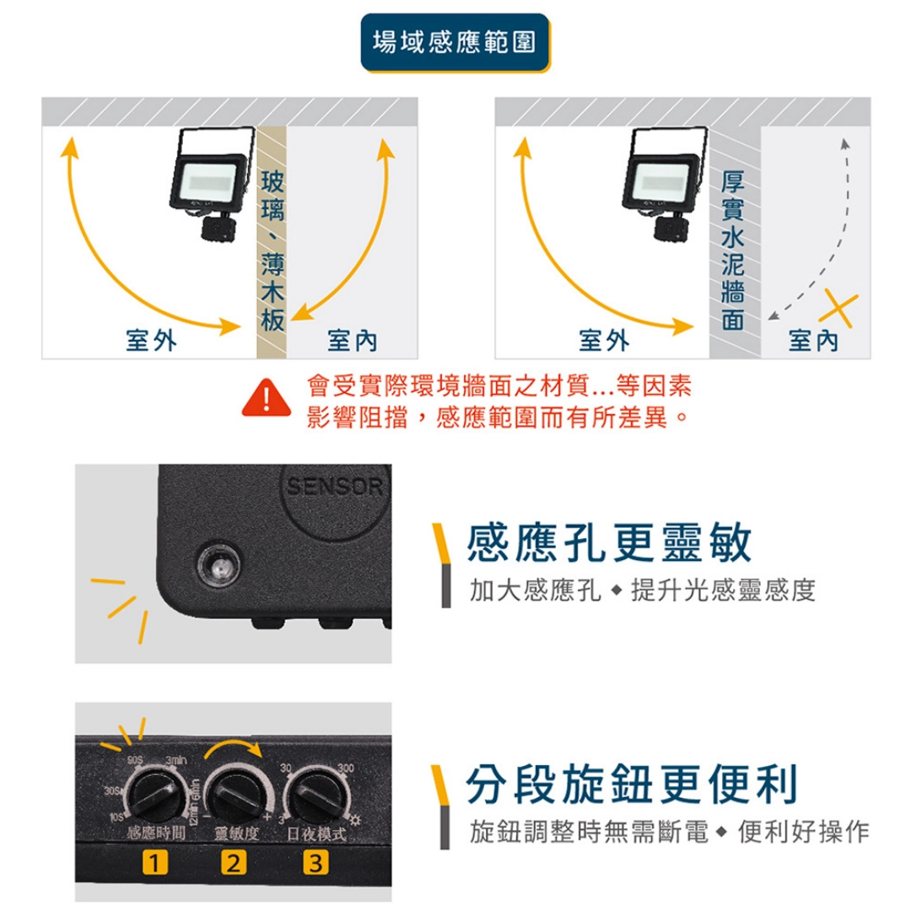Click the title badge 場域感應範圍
point(455,41)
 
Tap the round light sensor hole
point(218,568)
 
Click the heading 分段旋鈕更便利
point(632,784)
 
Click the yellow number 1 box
point(154,863)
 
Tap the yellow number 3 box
point(314,863)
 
